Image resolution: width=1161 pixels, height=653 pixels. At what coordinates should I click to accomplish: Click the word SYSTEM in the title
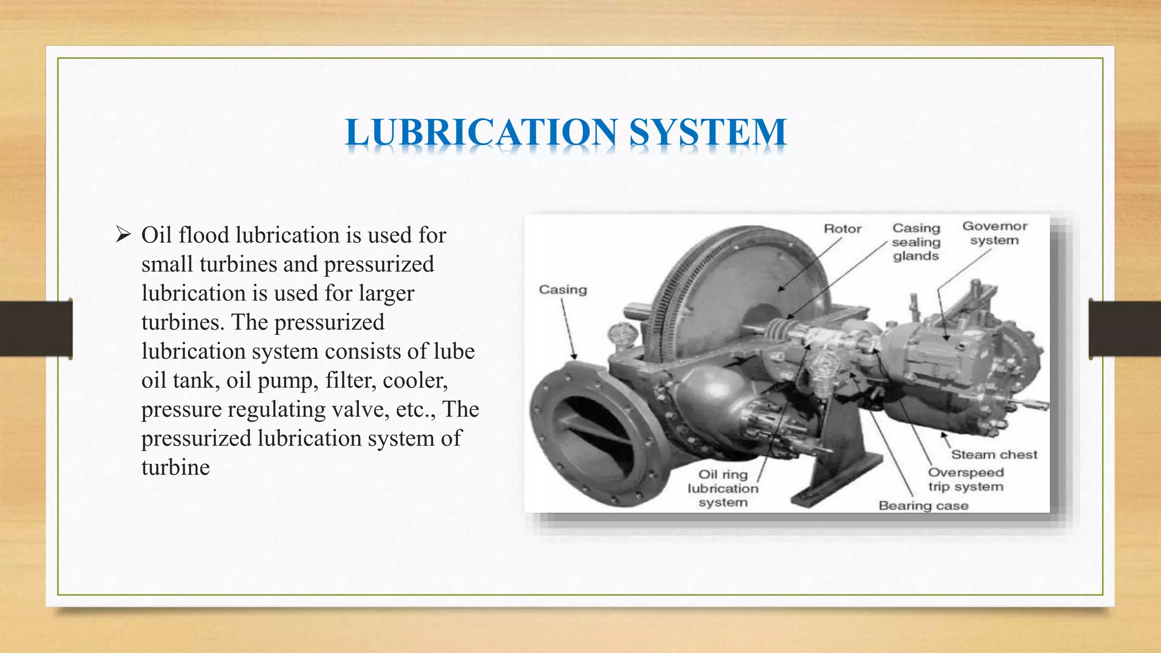pos(707,132)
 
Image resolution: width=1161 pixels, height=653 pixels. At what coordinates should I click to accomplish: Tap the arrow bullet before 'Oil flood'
pos(123,235)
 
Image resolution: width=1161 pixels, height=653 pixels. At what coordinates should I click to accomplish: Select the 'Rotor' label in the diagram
pos(842,228)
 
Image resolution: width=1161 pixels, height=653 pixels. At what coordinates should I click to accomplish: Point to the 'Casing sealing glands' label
pos(916,242)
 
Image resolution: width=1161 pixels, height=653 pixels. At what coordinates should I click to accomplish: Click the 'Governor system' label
pos(994,233)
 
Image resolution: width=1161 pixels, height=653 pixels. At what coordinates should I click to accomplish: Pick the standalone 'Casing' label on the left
pos(562,290)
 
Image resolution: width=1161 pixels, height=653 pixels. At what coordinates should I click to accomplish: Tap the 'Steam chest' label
pos(994,455)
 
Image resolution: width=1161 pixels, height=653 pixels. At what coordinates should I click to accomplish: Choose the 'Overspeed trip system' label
pos(965,480)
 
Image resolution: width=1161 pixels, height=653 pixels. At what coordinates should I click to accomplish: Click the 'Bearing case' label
pos(923,506)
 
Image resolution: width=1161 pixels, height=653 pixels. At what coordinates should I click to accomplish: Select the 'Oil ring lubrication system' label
pos(723,488)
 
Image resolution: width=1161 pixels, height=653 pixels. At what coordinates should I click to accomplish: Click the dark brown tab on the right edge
pos(1125,329)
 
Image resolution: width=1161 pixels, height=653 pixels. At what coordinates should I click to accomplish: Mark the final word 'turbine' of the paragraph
pos(176,468)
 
